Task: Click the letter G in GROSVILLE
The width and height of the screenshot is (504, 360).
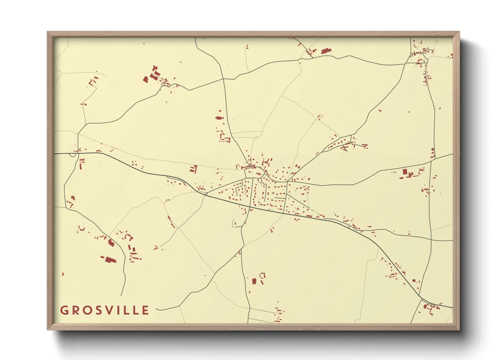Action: click(64, 310)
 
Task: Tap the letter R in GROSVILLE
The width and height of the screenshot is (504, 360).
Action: click(76, 310)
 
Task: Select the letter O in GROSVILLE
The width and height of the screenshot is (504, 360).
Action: click(88, 310)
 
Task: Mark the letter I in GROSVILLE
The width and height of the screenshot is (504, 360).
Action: click(119, 310)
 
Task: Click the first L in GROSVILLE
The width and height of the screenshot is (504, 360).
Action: click(127, 310)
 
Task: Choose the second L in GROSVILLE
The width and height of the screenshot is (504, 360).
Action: click(136, 310)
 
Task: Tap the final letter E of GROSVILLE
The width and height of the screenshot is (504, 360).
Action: click(146, 310)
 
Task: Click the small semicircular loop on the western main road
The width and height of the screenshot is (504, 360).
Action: click(73, 155)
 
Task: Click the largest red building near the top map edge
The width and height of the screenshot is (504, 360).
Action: click(326, 51)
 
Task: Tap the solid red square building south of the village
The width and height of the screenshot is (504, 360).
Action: click(254, 281)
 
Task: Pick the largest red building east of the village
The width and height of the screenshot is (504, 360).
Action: click(405, 172)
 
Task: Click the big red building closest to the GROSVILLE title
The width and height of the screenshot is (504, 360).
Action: click(109, 260)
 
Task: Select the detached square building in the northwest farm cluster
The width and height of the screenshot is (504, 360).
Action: click(145, 79)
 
